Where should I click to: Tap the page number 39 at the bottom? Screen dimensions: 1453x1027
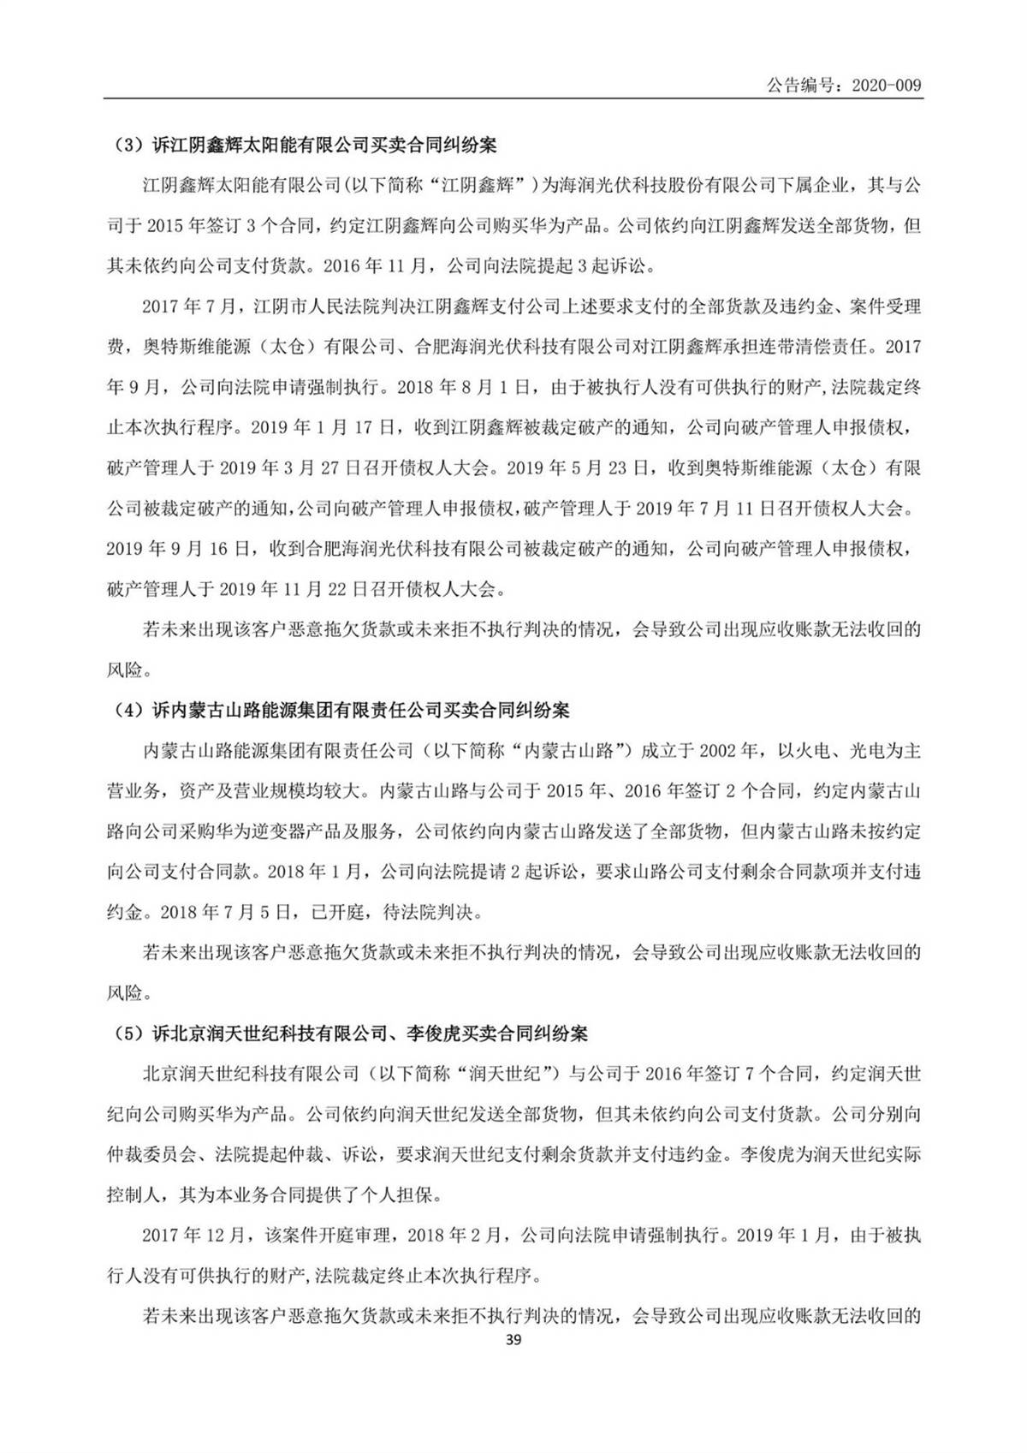513,1340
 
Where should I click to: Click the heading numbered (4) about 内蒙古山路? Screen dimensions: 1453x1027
342,711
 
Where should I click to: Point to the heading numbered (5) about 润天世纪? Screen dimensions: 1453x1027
351,1034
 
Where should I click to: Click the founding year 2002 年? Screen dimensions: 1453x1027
728,751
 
